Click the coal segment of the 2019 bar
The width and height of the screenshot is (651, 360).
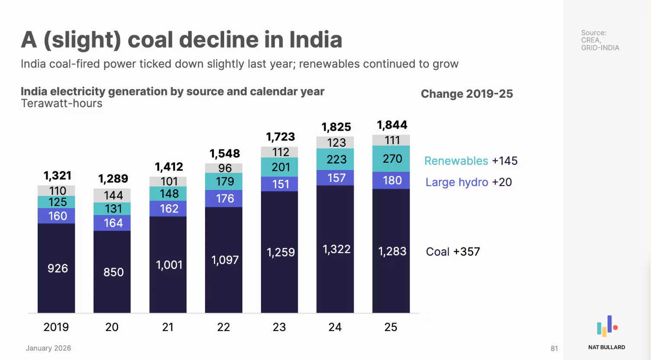click(56, 268)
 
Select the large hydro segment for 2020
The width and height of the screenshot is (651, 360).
click(112, 223)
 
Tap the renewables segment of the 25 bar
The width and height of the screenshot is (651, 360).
click(391, 159)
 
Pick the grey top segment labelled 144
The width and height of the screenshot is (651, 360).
click(112, 196)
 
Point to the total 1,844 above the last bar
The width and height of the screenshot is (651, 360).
click(392, 125)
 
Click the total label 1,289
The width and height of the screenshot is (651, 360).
click(113, 179)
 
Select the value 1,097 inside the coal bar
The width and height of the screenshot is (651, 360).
click(225, 260)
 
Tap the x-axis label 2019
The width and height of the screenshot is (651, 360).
click(56, 327)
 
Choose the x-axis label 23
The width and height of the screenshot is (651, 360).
click(279, 327)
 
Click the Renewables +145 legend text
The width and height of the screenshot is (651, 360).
click(471, 161)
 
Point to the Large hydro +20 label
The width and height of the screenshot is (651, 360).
click(468, 182)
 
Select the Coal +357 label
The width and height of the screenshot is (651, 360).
click(453, 252)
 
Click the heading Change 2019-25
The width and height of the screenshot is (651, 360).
click(467, 94)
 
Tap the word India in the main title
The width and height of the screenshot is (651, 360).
click(316, 40)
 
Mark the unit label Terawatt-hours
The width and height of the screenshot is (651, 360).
click(61, 104)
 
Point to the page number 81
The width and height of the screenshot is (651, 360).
click(554, 348)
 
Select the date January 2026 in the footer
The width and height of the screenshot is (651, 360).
click(48, 348)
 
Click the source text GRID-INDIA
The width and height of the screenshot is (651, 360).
click(600, 48)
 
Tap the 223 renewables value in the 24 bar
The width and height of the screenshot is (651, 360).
click(336, 160)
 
